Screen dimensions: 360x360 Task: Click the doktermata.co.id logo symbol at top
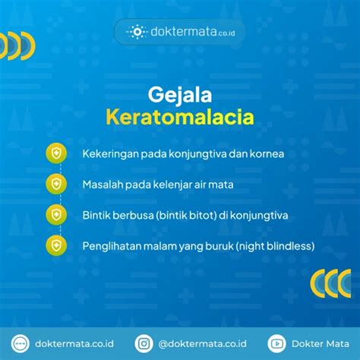pyautogui.click(x=137, y=32)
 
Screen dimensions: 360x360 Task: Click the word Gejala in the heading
pyautogui.click(x=180, y=95)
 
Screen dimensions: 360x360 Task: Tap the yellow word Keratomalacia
pyautogui.click(x=180, y=117)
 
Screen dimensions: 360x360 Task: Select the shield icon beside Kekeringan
pyautogui.click(x=56, y=153)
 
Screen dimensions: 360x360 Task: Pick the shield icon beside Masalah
pyautogui.click(x=56, y=184)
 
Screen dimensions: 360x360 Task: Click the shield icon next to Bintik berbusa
pyautogui.click(x=56, y=215)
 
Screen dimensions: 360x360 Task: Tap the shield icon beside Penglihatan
pyautogui.click(x=56, y=245)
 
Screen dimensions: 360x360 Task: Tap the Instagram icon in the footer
pyautogui.click(x=144, y=343)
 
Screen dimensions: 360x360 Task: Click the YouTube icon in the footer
pyautogui.click(x=276, y=343)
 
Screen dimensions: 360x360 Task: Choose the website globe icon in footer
pyautogui.click(x=21, y=343)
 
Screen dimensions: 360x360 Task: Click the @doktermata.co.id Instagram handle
pyautogui.click(x=202, y=344)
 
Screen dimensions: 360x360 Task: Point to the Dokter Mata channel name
pyautogui.click(x=321, y=344)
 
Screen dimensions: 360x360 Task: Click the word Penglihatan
pyautogui.click(x=112, y=246)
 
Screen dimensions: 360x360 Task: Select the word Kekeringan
pyautogui.click(x=110, y=154)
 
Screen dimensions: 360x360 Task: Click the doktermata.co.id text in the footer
pyautogui.click(x=74, y=344)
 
